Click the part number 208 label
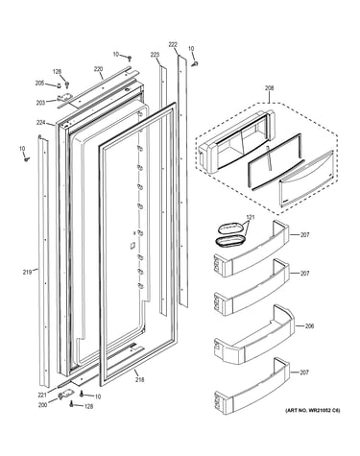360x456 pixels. pos(269,88)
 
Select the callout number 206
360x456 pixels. pos(309,325)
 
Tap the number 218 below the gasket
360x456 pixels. pos(139,379)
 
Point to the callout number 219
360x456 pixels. pos(27,273)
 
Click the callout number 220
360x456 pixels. pos(98,68)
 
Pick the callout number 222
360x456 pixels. pos(173,45)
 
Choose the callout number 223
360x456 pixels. pos(155,55)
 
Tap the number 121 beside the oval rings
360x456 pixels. pos(251,217)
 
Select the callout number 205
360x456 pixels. pos(39,84)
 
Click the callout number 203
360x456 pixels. pos(40,103)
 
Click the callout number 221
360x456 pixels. pos(42,395)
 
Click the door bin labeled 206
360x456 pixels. pos(253,335)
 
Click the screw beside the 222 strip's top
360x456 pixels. pos(195,63)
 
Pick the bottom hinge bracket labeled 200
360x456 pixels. pos(64,396)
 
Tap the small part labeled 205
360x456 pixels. pos(59,85)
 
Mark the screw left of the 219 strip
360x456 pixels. pos(27,158)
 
